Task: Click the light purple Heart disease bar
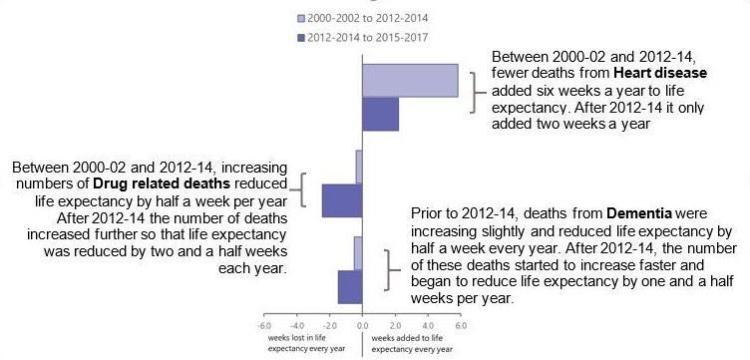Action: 409,80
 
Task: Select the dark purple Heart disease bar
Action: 380,115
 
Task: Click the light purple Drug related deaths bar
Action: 358,166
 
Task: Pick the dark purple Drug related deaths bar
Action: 341,200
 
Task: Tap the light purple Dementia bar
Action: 357,253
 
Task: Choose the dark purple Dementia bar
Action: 349,287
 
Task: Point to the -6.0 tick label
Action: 265,326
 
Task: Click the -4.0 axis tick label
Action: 297,326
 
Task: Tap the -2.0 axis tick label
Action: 330,326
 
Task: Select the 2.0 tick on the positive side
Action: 395,326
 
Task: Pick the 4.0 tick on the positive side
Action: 427,326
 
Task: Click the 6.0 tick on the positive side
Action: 460,326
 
